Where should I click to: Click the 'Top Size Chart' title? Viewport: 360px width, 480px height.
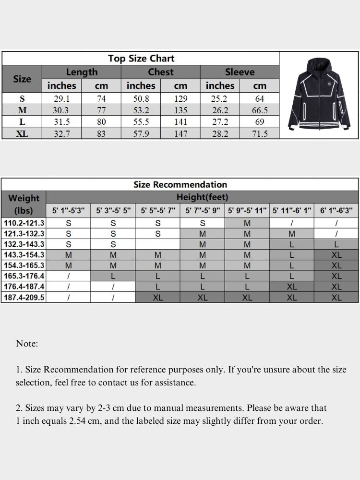click(x=141, y=59)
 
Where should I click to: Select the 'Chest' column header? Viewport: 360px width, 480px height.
click(x=160, y=72)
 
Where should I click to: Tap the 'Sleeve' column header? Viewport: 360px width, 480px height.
click(x=240, y=72)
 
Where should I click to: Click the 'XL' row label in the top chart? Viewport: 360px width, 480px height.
click(x=22, y=134)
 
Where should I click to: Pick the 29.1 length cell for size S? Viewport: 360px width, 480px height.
click(x=61, y=99)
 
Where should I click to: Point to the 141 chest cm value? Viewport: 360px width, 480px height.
click(x=180, y=122)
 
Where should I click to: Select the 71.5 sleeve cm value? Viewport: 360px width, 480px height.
click(x=260, y=134)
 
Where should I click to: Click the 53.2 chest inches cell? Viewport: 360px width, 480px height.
click(x=141, y=110)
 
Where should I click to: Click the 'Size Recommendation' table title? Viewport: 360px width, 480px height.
click(x=180, y=184)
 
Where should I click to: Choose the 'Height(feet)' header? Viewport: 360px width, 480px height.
click(x=202, y=197)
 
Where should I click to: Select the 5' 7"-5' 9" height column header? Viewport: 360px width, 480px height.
click(x=202, y=211)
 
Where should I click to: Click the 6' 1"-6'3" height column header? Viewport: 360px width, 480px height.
click(x=336, y=211)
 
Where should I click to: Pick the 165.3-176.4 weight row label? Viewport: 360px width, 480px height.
click(x=24, y=276)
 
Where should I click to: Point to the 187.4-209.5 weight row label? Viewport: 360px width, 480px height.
click(x=24, y=297)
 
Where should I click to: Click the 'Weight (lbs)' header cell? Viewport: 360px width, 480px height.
click(x=24, y=204)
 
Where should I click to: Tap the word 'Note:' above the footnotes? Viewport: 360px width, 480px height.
click(x=27, y=344)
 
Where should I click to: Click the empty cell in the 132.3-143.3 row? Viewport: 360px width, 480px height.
click(x=157, y=244)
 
